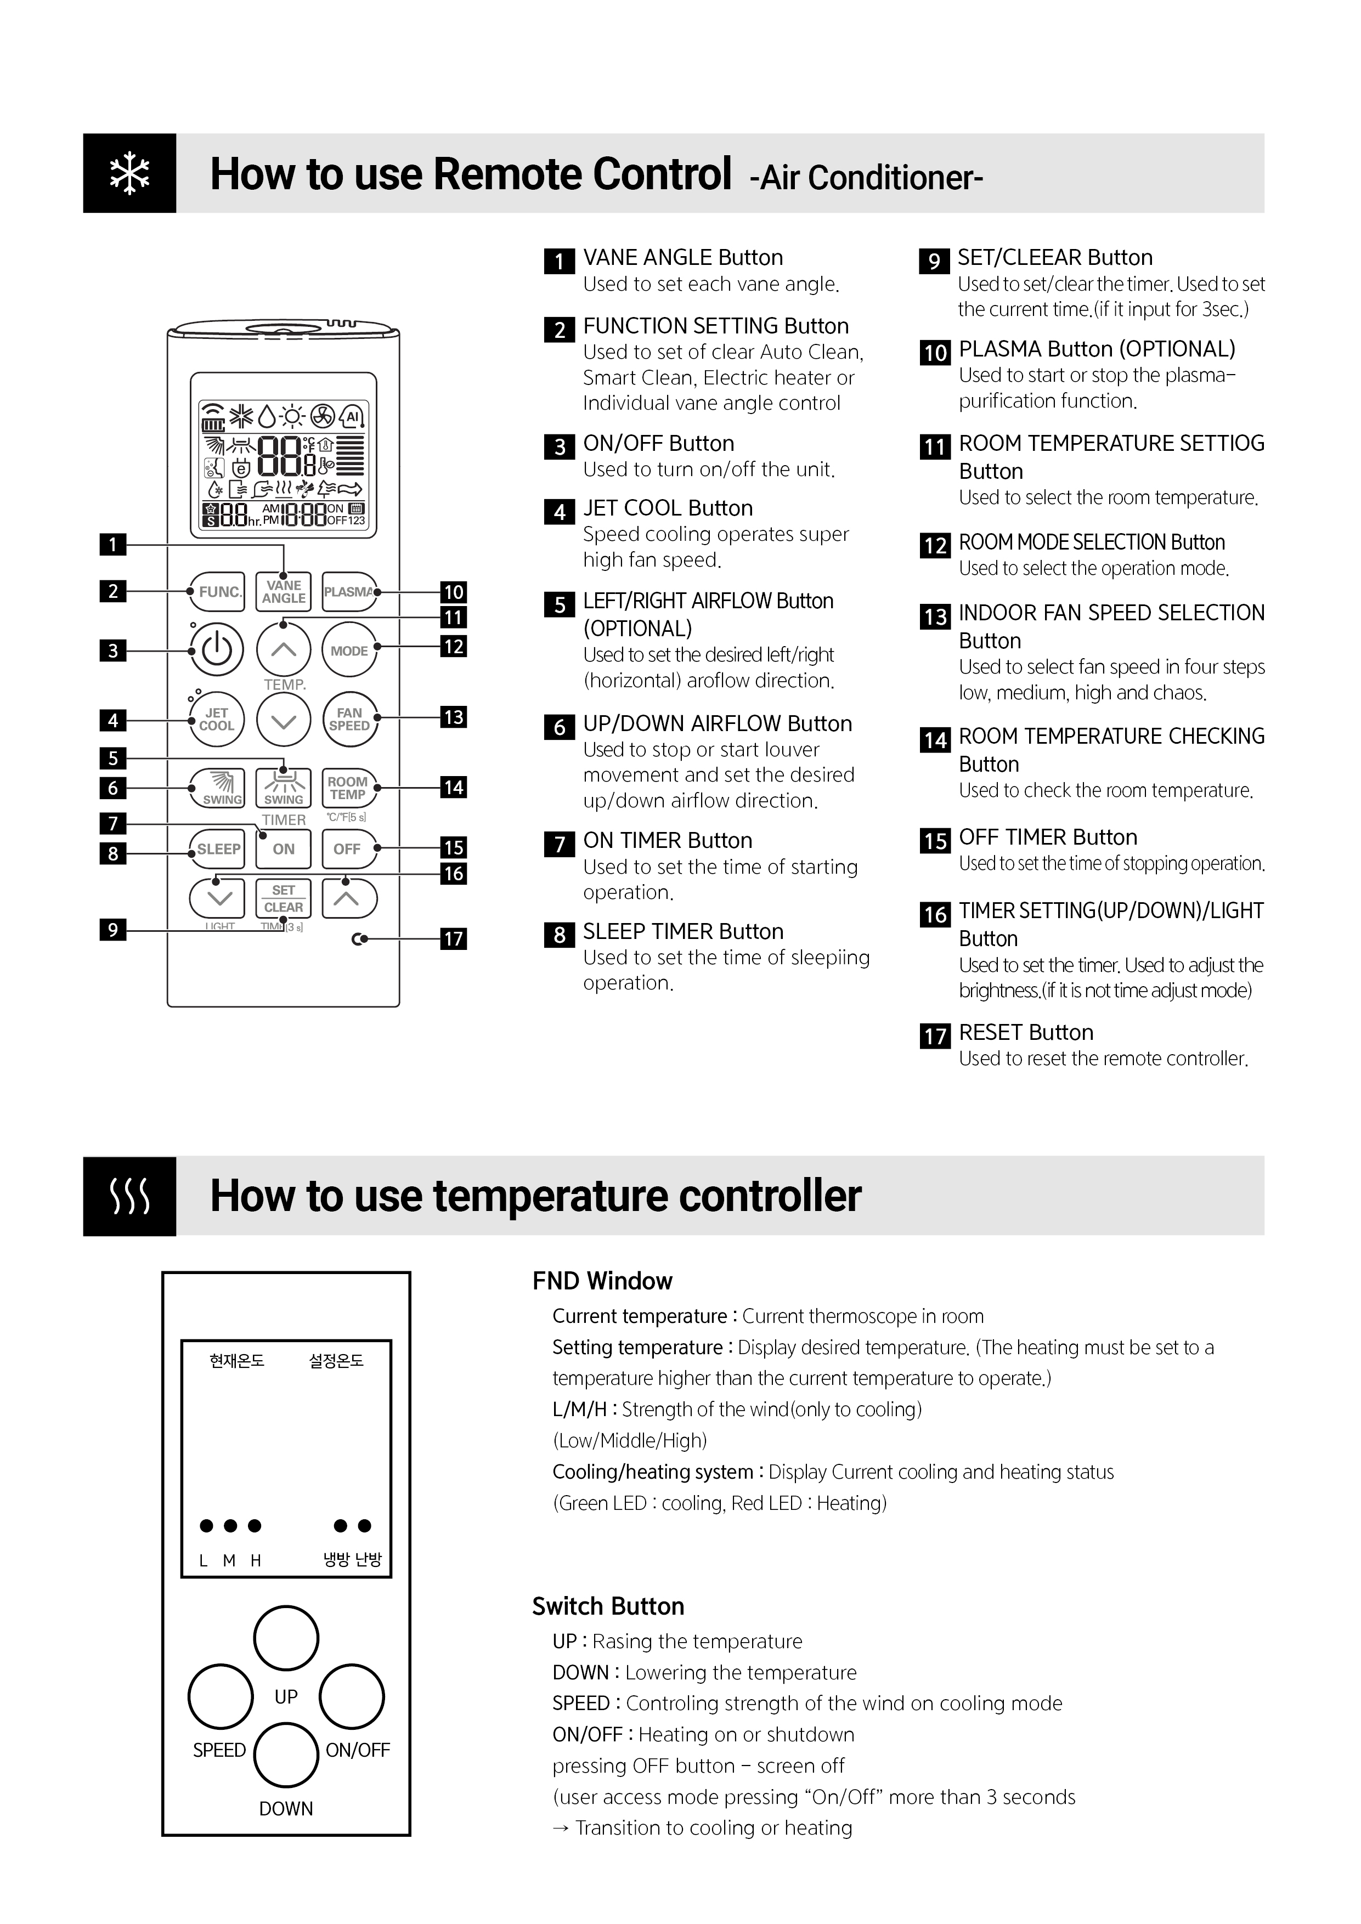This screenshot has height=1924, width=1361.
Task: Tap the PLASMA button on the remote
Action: [349, 592]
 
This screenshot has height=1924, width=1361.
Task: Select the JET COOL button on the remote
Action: [217, 720]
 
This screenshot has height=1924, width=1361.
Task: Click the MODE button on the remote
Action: [349, 650]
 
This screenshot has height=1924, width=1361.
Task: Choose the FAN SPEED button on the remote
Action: [349, 720]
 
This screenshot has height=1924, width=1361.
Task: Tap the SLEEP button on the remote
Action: [218, 849]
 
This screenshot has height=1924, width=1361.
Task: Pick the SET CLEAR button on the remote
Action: [283, 898]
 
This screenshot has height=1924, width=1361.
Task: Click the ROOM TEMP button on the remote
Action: [348, 788]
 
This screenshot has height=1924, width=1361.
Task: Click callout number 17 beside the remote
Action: [453, 938]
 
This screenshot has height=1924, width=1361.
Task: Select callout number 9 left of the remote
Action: [113, 929]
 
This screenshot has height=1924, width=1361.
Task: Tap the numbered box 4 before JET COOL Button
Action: [559, 511]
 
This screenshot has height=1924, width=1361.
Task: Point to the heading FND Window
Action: [602, 1281]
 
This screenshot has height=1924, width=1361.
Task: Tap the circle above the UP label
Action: [286, 1637]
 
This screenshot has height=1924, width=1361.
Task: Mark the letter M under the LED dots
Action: [229, 1560]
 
